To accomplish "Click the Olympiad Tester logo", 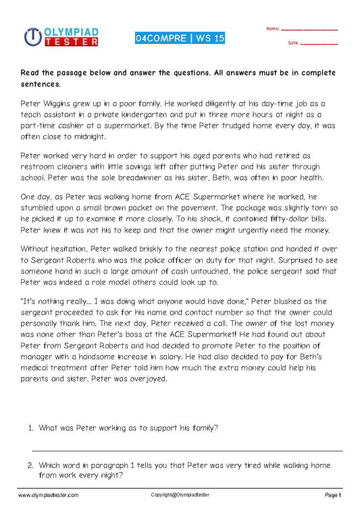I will tap(61, 36).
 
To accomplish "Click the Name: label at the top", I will tap(273, 29).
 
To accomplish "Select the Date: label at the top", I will tap(293, 43).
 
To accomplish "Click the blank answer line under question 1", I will tap(187, 450).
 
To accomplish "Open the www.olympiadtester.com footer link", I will tap(49, 495).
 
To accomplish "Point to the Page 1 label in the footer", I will tap(334, 495).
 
